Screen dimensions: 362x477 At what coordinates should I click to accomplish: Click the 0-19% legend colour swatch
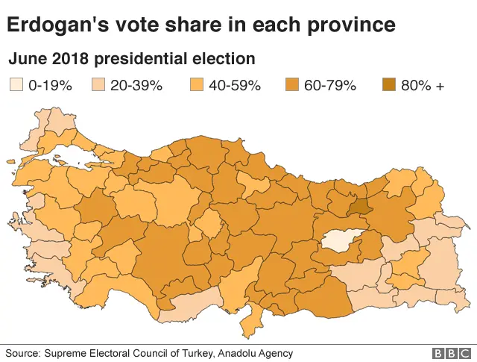click(16, 85)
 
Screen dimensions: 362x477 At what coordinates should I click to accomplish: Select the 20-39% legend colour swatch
click(98, 85)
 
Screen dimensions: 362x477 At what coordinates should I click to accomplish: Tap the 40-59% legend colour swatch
click(197, 85)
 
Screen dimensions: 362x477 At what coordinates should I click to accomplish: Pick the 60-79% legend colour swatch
click(293, 85)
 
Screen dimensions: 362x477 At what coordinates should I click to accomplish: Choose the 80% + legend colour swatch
click(389, 85)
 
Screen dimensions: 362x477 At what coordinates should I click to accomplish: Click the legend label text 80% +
click(423, 85)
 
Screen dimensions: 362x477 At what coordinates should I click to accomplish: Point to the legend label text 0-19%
click(50, 85)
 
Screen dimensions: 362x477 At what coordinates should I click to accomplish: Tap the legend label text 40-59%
click(234, 85)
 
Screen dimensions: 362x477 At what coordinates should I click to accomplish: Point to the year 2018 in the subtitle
click(63, 58)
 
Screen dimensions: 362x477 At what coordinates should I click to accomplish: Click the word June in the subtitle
click(25, 58)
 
